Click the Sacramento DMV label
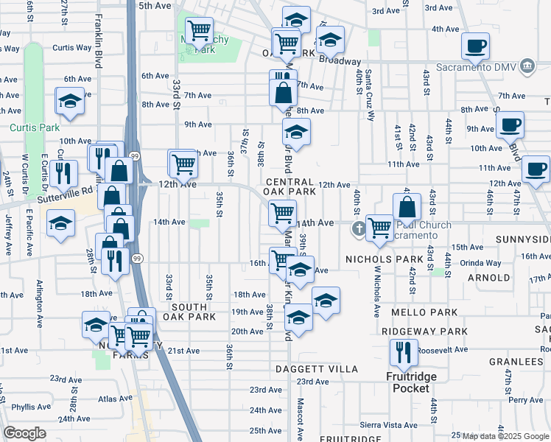point(485,68)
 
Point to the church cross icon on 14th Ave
point(359,228)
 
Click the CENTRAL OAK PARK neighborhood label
point(291,186)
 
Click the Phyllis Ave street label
point(31,407)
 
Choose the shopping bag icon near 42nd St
point(407,206)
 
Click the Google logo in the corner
point(24,433)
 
